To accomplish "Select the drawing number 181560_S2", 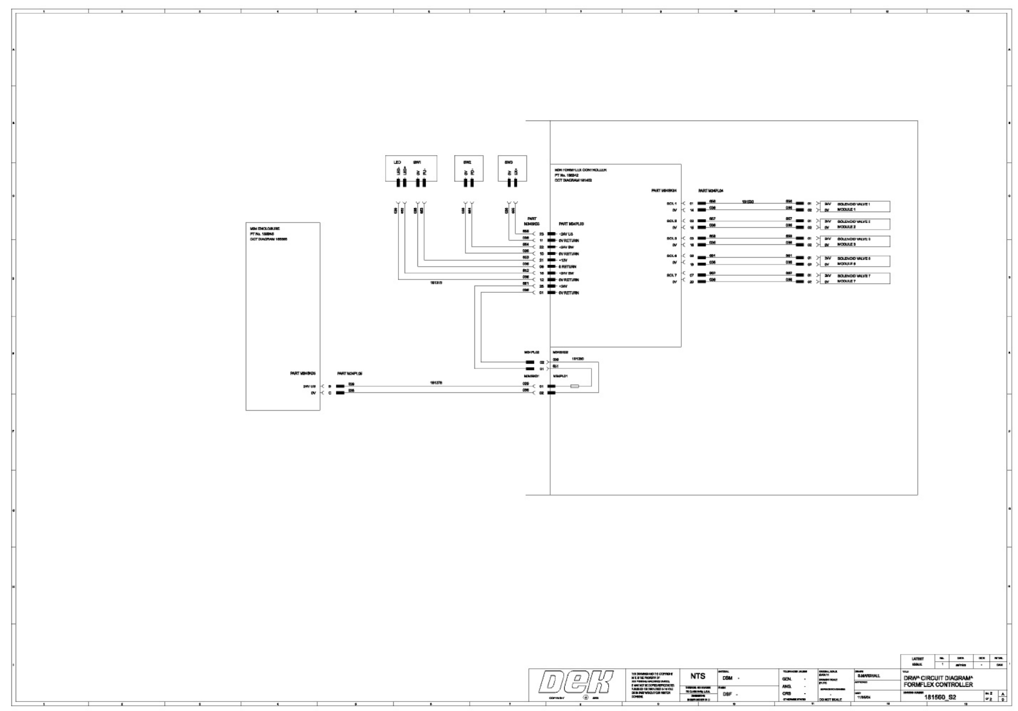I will click(940, 697).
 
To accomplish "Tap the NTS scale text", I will click(697, 676).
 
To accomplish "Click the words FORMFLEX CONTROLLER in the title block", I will click(937, 685).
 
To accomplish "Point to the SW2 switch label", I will click(467, 162).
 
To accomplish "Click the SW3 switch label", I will click(509, 162).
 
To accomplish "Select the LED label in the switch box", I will click(398, 162).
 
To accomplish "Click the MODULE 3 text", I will click(846, 244).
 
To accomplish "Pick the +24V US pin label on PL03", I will click(566, 234).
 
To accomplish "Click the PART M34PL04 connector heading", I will click(711, 191).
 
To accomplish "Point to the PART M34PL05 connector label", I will click(350, 374).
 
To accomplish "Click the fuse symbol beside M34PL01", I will click(574, 386).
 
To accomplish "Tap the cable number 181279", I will click(436, 382).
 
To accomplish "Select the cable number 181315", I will click(436, 283).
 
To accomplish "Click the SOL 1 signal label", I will click(671, 203).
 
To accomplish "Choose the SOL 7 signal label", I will click(671, 275).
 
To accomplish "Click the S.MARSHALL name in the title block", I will click(869, 676).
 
